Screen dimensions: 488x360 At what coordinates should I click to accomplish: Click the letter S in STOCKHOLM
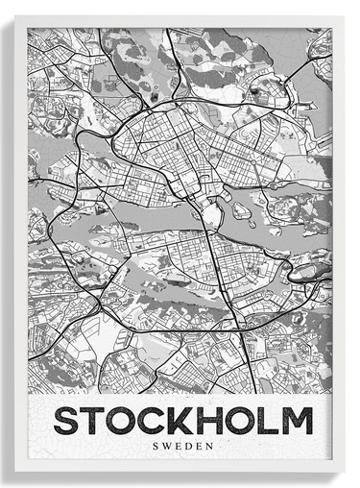[66, 421]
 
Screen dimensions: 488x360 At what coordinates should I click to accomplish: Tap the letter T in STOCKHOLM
[97, 421]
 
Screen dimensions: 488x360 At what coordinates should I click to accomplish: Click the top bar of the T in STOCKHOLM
[97, 410]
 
